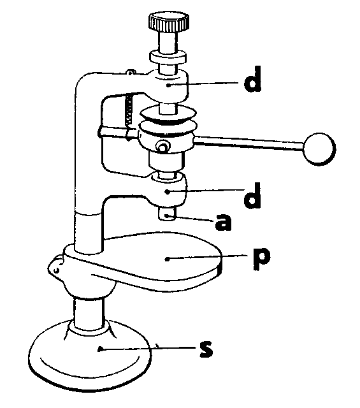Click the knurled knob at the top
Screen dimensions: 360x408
[x=169, y=22]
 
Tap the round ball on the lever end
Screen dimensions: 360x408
[x=319, y=149]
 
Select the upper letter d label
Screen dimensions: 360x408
[x=252, y=79]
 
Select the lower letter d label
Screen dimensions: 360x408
[x=252, y=196]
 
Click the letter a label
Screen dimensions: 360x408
[x=223, y=222]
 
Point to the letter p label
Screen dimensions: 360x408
[x=262, y=258]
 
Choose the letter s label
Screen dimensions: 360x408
[x=206, y=349]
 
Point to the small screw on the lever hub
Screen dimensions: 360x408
[x=163, y=147]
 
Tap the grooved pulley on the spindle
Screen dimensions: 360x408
[x=168, y=121]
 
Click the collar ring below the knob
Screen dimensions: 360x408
[x=168, y=58]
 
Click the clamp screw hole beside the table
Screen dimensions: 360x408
[x=56, y=270]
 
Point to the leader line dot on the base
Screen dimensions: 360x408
[x=99, y=349]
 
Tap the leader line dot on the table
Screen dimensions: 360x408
[x=168, y=259]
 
